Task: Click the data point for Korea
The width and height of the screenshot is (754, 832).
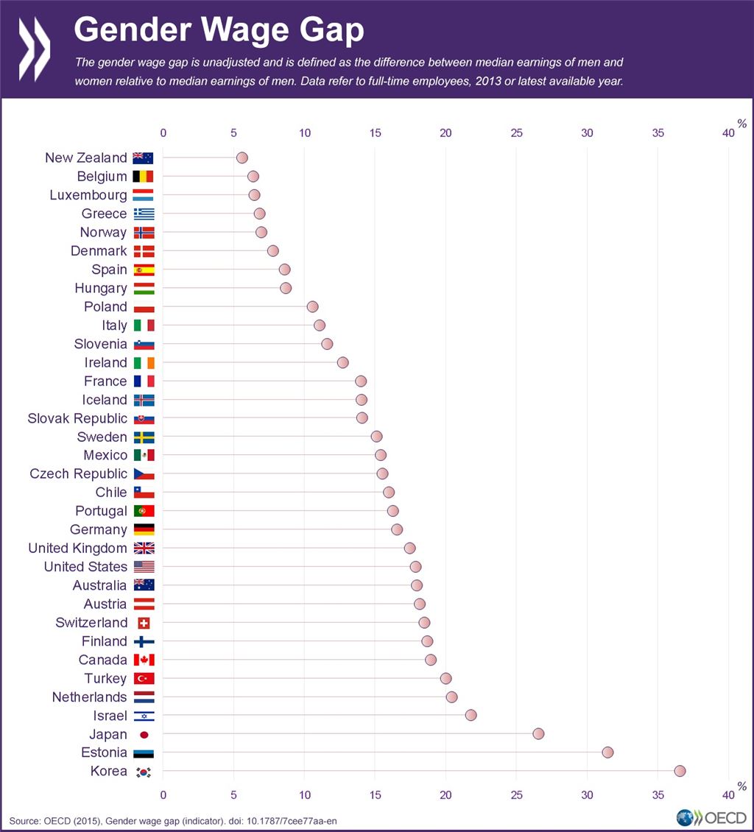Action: click(680, 771)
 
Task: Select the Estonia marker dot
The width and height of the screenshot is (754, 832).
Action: click(607, 752)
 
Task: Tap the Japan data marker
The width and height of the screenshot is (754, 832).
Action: click(538, 733)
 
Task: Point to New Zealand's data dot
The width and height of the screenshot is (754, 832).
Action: click(242, 158)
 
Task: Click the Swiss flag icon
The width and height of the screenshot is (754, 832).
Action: click(144, 623)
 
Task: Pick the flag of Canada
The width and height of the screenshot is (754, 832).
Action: click(144, 660)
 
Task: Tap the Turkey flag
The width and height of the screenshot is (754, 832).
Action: click(144, 678)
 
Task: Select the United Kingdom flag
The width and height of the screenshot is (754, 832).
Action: click(144, 548)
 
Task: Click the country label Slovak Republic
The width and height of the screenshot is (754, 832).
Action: click(77, 418)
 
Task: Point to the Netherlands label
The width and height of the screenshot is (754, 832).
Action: click(89, 697)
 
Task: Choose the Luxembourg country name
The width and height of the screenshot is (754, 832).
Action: click(88, 195)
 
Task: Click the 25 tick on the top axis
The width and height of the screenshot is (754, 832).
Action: click(516, 133)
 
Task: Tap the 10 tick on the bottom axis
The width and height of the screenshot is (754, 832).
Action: click(304, 794)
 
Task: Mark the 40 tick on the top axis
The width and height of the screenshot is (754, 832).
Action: click(728, 133)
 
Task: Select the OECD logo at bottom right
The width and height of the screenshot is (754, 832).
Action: click(711, 817)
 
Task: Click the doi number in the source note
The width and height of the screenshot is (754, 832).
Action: click(294, 819)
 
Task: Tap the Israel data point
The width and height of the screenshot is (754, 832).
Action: click(471, 715)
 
